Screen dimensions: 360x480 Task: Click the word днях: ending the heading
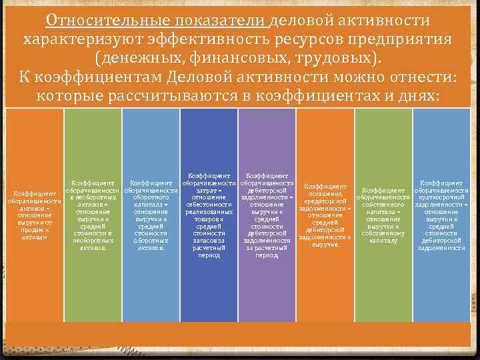tap(417, 96)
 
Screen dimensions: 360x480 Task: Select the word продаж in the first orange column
tap(31, 230)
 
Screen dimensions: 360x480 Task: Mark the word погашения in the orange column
tap(325, 193)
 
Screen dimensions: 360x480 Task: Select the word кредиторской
tap(325, 201)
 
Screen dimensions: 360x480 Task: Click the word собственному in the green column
tap(383, 233)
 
